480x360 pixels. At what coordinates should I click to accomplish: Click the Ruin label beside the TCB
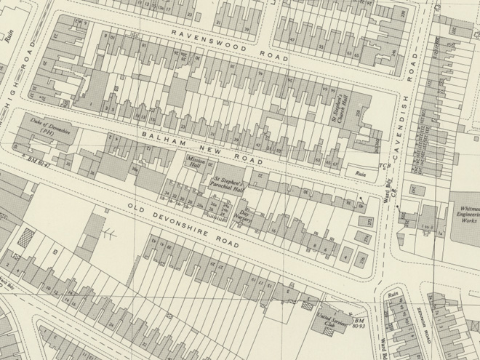(x=359, y=173)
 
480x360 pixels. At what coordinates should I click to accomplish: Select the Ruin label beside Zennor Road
(x=396, y=295)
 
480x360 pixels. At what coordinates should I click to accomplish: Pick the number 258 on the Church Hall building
(x=358, y=114)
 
